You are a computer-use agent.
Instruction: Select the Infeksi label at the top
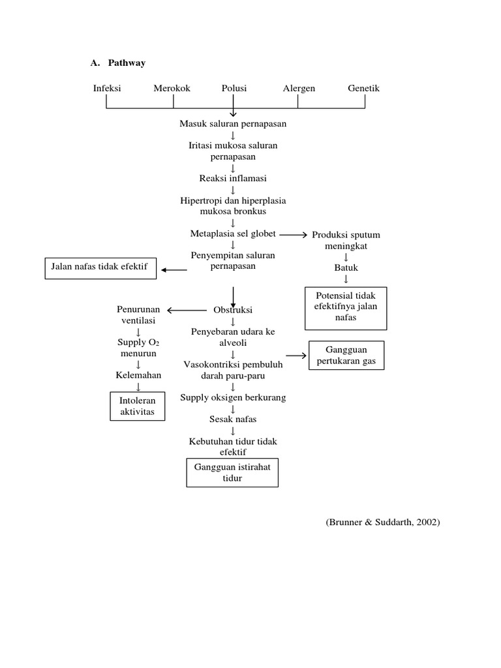107,88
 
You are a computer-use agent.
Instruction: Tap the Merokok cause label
172,88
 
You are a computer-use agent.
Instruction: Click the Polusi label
234,88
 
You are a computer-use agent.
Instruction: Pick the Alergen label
299,88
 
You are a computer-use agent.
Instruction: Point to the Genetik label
363,88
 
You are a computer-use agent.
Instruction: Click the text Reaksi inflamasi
233,178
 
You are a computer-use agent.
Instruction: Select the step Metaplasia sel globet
233,234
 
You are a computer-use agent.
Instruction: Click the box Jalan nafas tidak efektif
100,268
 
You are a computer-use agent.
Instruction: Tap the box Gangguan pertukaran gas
346,356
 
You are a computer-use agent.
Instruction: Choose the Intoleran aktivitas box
138,406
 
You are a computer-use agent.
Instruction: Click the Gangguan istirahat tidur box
232,473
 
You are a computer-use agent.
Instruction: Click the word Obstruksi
233,310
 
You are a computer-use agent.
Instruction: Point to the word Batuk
346,267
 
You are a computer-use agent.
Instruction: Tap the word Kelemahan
138,375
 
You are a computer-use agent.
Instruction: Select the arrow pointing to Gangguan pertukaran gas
297,356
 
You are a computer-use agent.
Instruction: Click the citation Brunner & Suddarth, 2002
382,523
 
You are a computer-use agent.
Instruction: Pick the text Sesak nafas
233,419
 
